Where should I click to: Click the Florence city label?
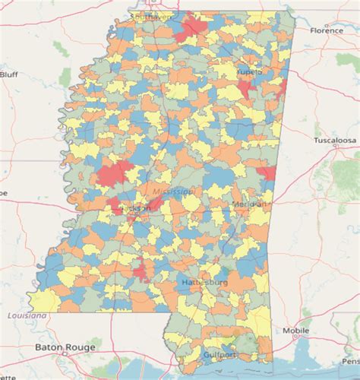[327, 30]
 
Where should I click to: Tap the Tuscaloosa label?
[335, 141]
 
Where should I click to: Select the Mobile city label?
[295, 331]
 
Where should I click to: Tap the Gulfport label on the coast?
[220, 355]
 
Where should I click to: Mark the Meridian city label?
[251, 204]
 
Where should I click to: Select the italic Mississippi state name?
[172, 192]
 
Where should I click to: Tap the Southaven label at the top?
[151, 15]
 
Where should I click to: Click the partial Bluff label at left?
[8, 74]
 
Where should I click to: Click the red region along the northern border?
[194, 29]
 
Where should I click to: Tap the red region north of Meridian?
[267, 174]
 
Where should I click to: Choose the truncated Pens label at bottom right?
[352, 361]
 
